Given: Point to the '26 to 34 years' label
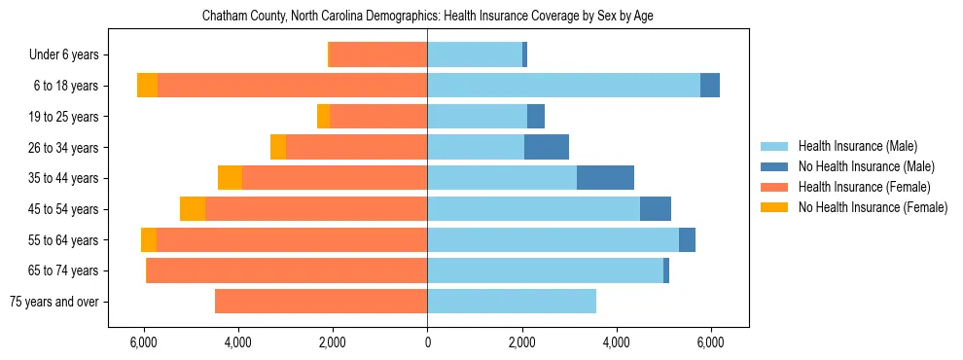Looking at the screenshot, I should [63, 148].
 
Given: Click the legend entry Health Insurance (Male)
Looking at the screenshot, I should [856, 146].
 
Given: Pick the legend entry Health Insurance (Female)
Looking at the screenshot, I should [862, 187].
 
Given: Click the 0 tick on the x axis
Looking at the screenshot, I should [427, 343].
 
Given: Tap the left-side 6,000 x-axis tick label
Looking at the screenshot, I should [143, 343].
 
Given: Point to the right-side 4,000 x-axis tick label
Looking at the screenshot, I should [616, 343].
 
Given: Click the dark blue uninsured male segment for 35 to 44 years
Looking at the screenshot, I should [605, 178].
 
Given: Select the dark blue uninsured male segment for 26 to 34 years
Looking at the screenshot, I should [547, 147].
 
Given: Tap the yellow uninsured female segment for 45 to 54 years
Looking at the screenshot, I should [193, 209].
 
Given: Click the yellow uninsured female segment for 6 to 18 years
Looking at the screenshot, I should [147, 86].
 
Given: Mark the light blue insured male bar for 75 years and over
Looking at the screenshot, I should [512, 302].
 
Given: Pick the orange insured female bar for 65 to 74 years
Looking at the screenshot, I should [287, 270].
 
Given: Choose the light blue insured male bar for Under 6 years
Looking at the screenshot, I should [475, 55].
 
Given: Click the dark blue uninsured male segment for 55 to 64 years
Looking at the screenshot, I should [687, 239].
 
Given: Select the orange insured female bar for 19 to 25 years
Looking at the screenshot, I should [379, 117].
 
